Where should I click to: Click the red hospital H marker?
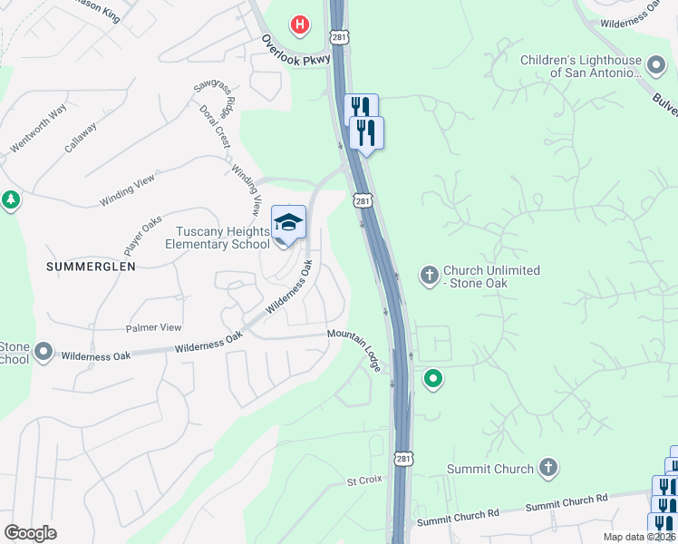pyautogui.click(x=299, y=24)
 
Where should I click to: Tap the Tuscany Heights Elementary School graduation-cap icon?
pyautogui.click(x=288, y=223)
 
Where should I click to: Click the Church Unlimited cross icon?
pyautogui.click(x=429, y=273)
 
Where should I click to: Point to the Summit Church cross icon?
pyautogui.click(x=547, y=469)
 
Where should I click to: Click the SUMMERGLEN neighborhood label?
pyautogui.click(x=92, y=267)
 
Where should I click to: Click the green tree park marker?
pyautogui.click(x=10, y=199)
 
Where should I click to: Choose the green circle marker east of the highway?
pyautogui.click(x=434, y=378)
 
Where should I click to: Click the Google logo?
pyautogui.click(x=30, y=533)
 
